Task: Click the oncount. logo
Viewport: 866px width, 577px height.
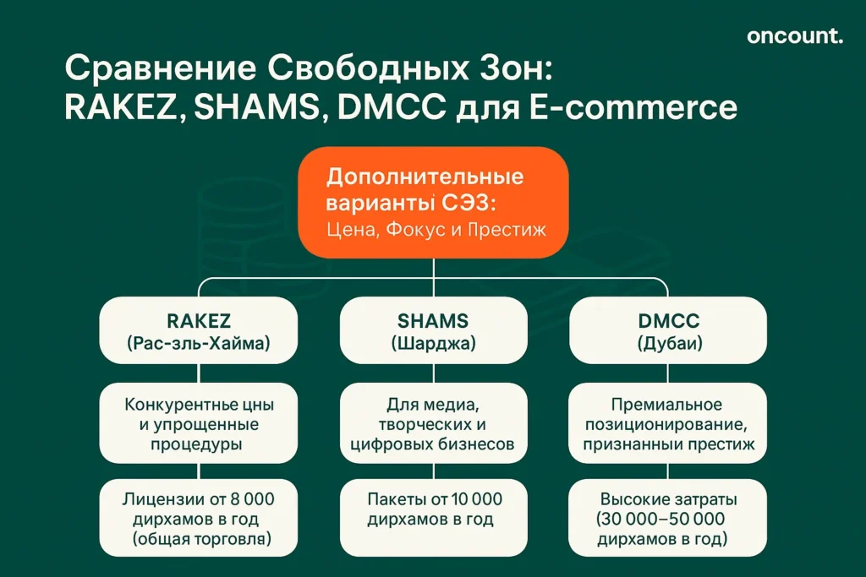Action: pos(794,35)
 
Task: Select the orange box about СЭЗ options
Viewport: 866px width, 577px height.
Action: pos(432,202)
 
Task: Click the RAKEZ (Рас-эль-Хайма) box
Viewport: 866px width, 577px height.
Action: pos(199,331)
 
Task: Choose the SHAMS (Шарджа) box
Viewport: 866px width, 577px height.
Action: pos(433,331)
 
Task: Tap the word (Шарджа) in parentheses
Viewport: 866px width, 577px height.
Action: pos(433,344)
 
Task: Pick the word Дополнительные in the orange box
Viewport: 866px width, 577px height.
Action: pos(425,178)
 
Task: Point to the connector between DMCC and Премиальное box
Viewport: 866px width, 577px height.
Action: pos(666,373)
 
